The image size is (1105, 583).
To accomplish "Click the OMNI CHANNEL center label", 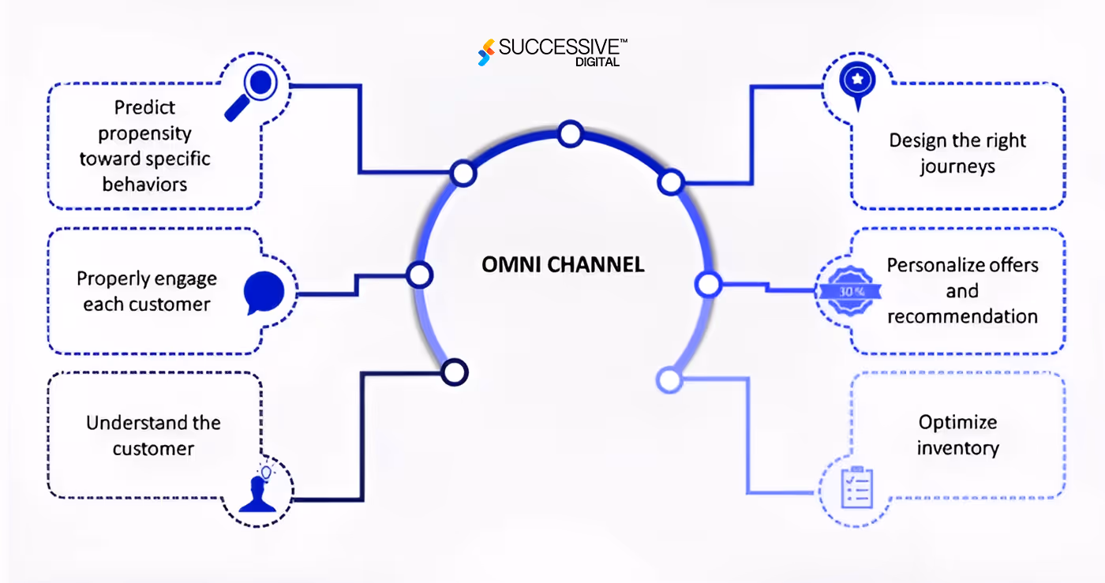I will [563, 264].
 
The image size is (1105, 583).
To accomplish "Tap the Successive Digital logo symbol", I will [486, 52].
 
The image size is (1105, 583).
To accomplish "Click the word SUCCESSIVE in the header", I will [556, 47].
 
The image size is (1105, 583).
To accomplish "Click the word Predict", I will [144, 107].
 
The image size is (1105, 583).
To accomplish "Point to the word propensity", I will [144, 133].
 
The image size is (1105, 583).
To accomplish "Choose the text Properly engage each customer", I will [147, 291].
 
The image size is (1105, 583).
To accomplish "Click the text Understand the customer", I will [153, 435].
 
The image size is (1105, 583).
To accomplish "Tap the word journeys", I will [957, 166].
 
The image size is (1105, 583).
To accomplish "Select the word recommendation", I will [962, 316].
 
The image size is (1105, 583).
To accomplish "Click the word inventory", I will [957, 448].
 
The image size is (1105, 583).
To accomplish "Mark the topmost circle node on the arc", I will [570, 134].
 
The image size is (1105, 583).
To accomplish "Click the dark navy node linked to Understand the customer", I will [455, 372].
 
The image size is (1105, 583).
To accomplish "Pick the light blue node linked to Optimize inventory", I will [669, 380].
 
